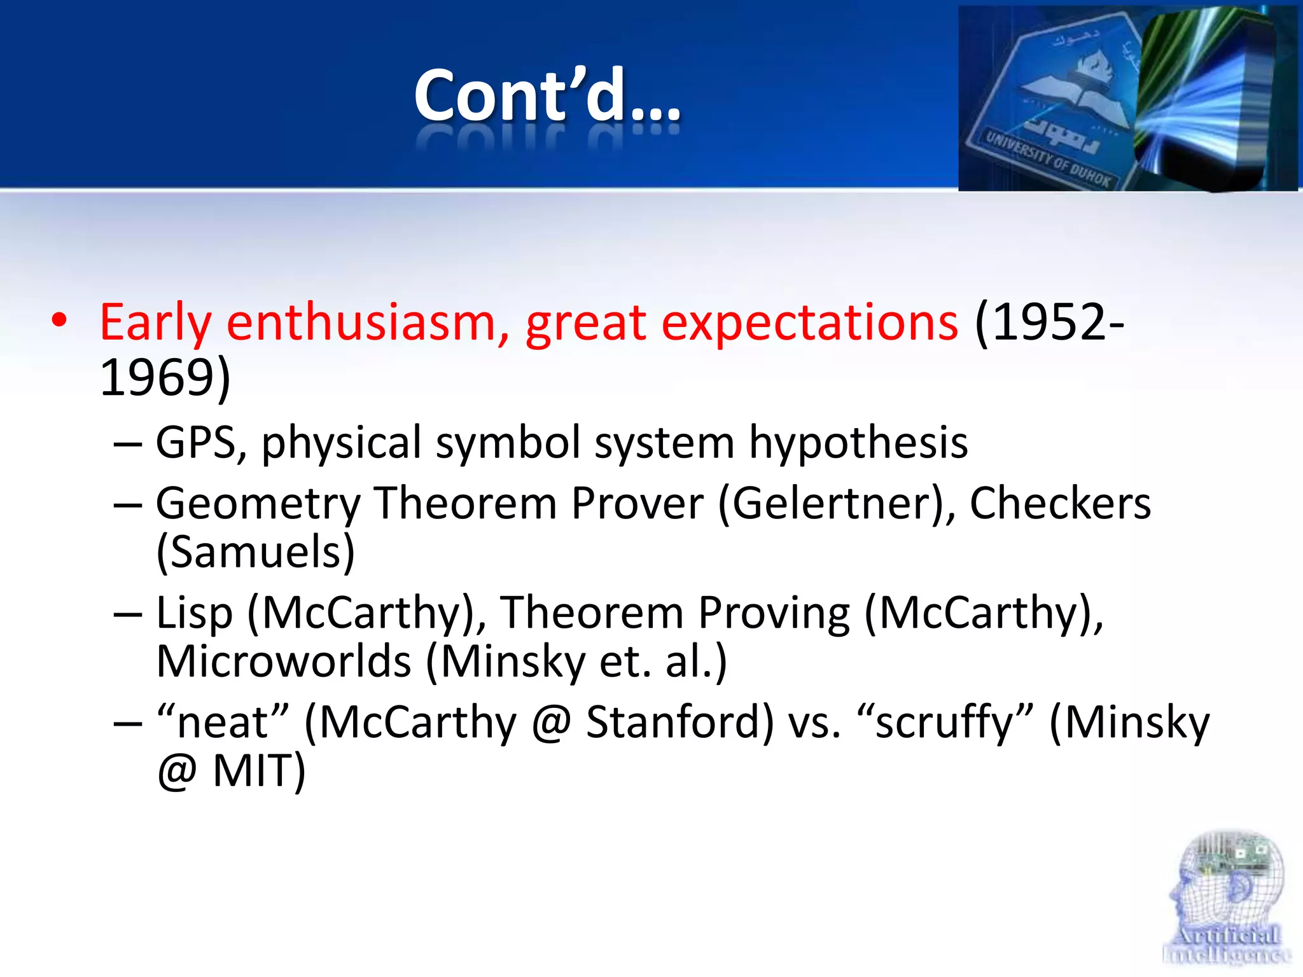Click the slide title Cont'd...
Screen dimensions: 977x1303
[x=547, y=95]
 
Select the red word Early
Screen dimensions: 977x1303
[x=155, y=322]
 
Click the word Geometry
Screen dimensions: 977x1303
[x=258, y=504]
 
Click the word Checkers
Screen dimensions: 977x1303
[x=1059, y=504]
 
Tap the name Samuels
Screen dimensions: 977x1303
[x=255, y=552]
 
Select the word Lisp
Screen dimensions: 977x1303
[x=194, y=613]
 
